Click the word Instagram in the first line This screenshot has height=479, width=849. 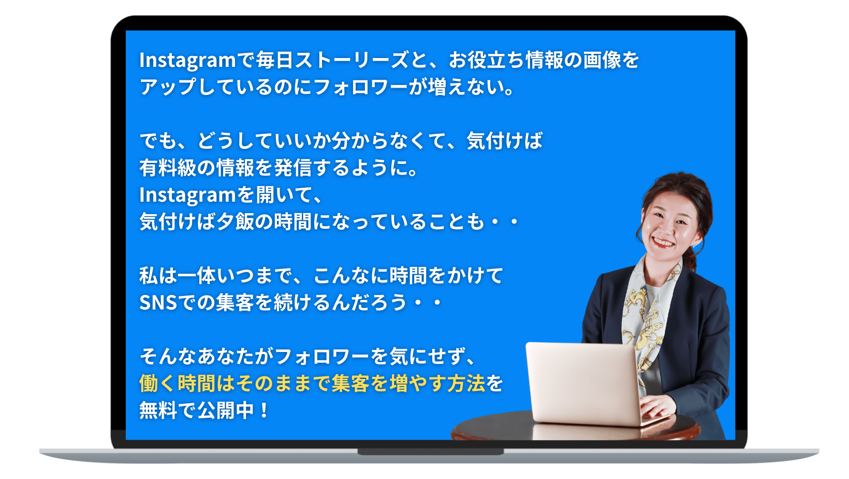(188, 60)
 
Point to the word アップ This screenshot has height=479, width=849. (168, 87)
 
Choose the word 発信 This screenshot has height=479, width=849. (292, 168)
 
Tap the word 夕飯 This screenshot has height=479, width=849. (235, 222)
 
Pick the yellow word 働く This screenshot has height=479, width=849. (158, 383)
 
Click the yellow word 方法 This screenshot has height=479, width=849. (466, 383)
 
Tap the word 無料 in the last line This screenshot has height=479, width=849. (158, 410)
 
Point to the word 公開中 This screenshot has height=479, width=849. (226, 410)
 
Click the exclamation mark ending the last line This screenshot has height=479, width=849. (264, 410)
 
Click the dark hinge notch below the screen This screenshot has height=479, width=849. (431, 452)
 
